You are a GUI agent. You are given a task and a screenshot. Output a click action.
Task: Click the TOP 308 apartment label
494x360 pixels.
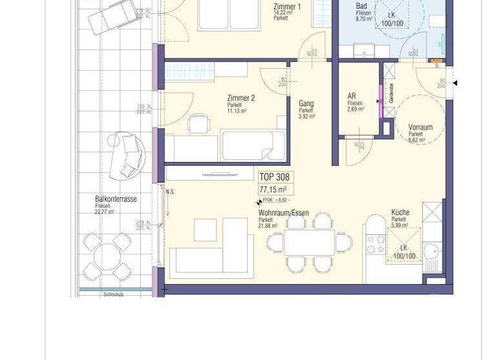tap(275, 177)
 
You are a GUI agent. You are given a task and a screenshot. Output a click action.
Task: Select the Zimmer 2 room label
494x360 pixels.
tap(241, 98)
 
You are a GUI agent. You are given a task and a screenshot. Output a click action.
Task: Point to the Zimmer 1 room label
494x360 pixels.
tap(287, 6)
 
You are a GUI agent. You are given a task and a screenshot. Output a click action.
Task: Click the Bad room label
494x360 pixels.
tap(361, 6)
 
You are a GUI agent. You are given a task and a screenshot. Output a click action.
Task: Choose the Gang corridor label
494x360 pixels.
tap(306, 104)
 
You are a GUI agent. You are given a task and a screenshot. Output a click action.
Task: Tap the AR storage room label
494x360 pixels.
tap(352, 96)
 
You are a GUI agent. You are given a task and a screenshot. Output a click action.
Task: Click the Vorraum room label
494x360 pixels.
tap(420, 127)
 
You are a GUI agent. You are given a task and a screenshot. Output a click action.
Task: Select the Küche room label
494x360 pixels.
tap(400, 213)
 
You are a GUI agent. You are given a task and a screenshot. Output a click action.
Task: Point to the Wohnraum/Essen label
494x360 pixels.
tap(284, 213)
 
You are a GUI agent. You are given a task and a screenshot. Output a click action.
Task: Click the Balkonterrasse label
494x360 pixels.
tap(116, 199)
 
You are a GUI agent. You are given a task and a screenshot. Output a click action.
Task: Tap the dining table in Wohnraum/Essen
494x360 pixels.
tap(309, 244)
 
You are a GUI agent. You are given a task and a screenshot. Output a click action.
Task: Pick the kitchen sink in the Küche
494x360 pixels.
tap(431, 251)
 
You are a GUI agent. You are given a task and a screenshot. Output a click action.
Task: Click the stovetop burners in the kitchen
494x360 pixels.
tap(374, 244)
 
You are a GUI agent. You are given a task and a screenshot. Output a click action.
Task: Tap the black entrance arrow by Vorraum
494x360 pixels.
tap(455, 83)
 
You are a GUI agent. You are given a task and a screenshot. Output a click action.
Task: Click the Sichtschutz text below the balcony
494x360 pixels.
tap(113, 294)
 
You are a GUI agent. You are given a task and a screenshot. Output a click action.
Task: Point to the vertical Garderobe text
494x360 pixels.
tap(390, 93)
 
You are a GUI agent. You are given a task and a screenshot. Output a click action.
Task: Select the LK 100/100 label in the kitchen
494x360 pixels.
tap(404, 252)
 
